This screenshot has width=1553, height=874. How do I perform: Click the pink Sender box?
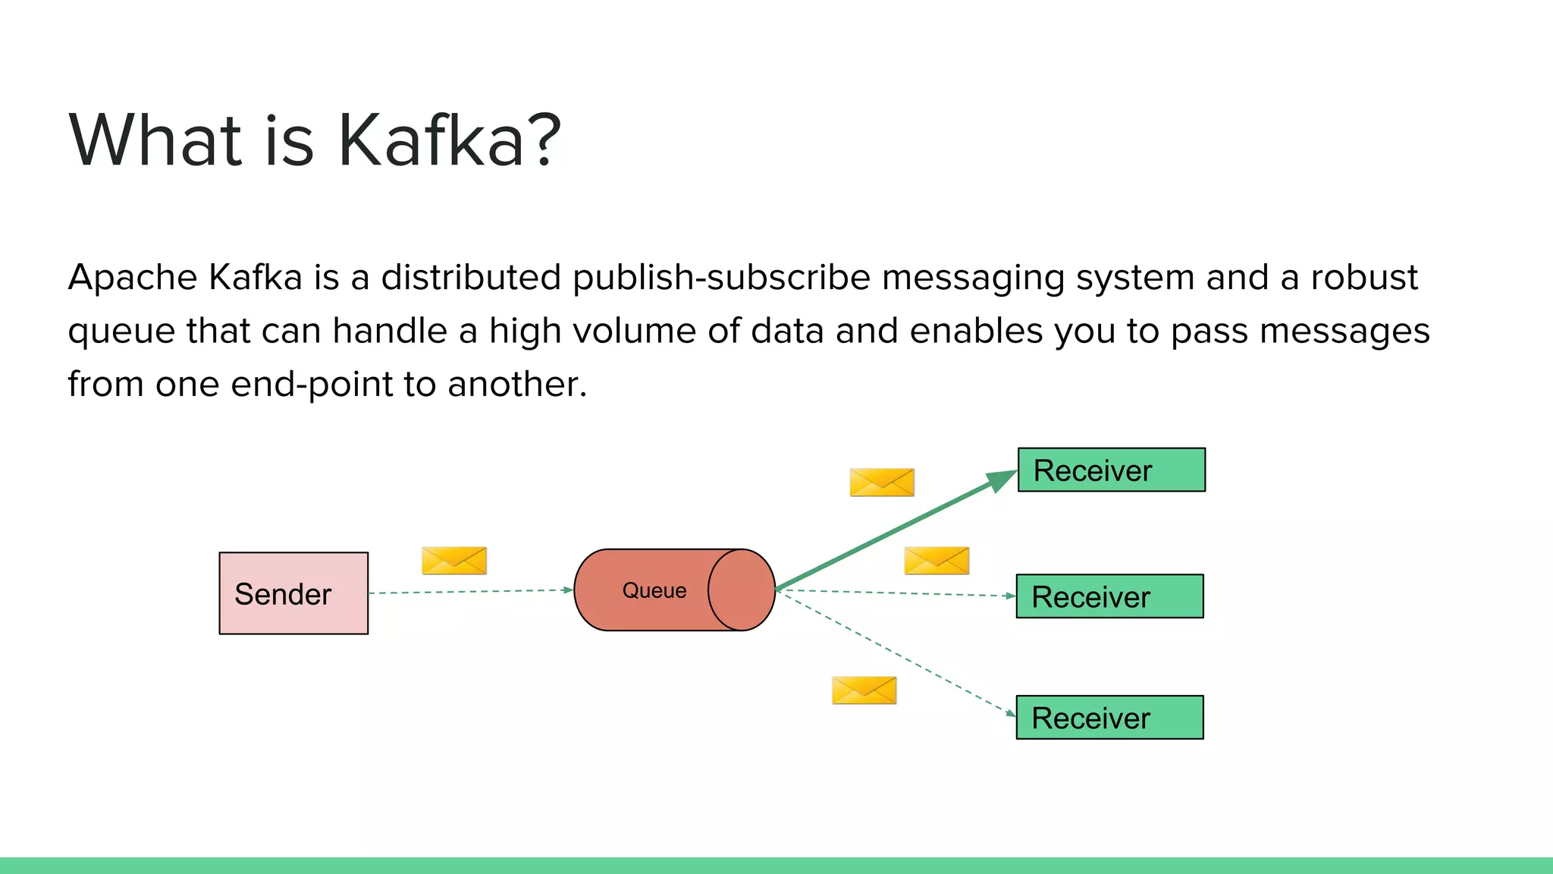[293, 593]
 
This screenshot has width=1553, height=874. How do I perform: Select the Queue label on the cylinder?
[654, 591]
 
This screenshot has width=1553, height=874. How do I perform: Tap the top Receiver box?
[1111, 470]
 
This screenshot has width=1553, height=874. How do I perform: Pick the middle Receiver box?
[1109, 596]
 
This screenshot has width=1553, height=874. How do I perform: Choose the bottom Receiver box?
[1109, 718]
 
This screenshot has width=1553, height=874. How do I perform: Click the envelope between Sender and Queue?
[454, 561]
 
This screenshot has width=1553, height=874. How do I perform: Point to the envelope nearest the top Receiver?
[882, 483]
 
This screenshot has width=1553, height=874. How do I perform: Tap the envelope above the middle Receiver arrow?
[937, 561]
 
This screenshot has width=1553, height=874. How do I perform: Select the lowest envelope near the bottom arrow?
[864, 690]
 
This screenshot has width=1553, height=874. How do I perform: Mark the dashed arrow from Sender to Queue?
[470, 591]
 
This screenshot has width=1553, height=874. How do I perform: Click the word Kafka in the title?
[431, 141]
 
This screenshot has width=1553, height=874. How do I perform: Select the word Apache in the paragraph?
[133, 278]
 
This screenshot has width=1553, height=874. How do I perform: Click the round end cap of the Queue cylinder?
[742, 590]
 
